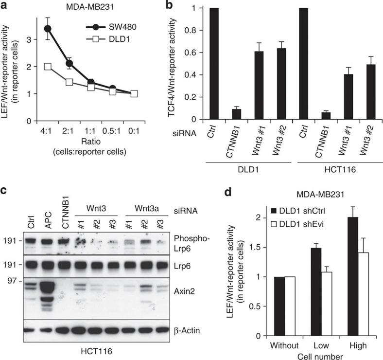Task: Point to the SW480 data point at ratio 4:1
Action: tap(48, 29)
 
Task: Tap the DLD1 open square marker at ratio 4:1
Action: tap(48, 67)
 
